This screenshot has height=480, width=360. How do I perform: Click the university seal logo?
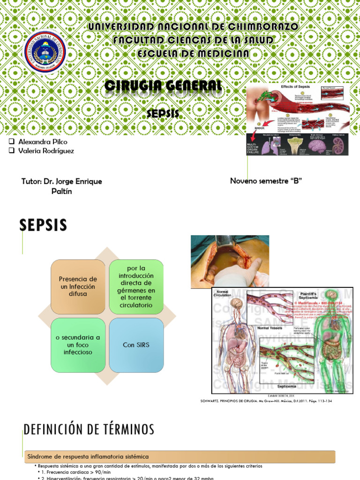coord(45,52)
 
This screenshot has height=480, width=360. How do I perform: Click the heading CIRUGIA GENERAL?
coord(163,86)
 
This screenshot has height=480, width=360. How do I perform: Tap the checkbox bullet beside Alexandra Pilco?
coord(11,142)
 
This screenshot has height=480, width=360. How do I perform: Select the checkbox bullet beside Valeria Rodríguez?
coord(11,151)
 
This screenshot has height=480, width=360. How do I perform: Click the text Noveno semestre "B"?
coord(265,181)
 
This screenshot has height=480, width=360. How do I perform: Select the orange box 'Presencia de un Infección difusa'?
coord(78,287)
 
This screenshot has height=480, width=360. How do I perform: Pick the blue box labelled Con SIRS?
coord(136,345)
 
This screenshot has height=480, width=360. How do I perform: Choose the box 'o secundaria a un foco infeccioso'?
coord(78,345)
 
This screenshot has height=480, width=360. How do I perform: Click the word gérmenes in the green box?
coord(136,291)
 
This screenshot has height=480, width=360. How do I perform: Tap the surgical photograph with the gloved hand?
coord(230,261)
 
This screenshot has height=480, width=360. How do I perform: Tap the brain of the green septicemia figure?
coord(331,295)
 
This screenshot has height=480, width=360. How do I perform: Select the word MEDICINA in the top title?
coord(223,54)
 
